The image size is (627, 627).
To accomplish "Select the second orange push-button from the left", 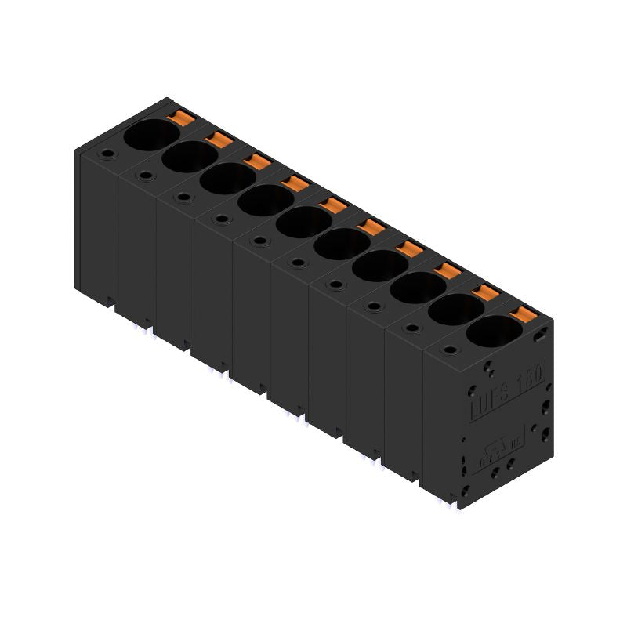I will point(219,140).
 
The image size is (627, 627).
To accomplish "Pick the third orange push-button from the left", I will point(257,162).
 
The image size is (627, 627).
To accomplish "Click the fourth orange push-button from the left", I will point(295,184).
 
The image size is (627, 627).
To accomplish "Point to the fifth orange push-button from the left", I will point(333,206).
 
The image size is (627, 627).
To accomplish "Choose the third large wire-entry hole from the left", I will point(222,179).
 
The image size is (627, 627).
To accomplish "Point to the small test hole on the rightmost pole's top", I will point(448,350).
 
